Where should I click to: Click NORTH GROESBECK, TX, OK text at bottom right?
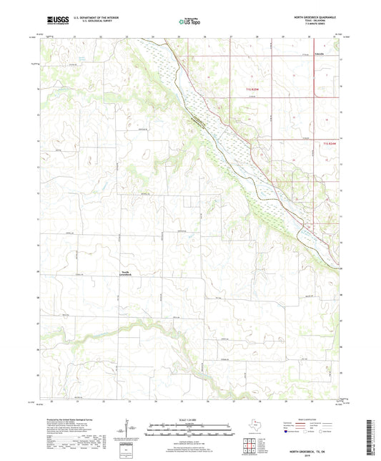tap(312, 452)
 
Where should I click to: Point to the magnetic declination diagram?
tap(127, 430)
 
